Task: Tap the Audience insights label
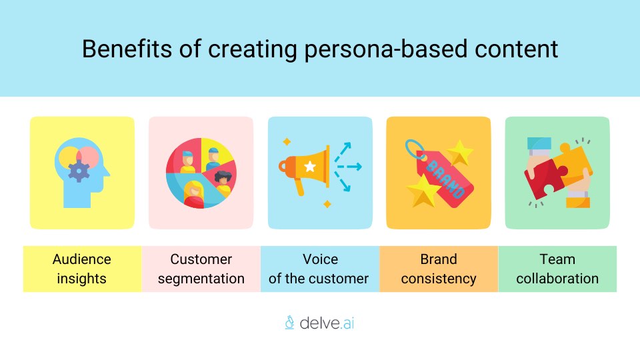(82, 269)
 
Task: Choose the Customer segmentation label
(201, 269)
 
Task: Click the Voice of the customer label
(319, 269)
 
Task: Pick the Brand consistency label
(438, 269)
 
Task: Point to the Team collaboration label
(557, 269)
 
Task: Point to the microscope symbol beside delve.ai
(289, 323)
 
